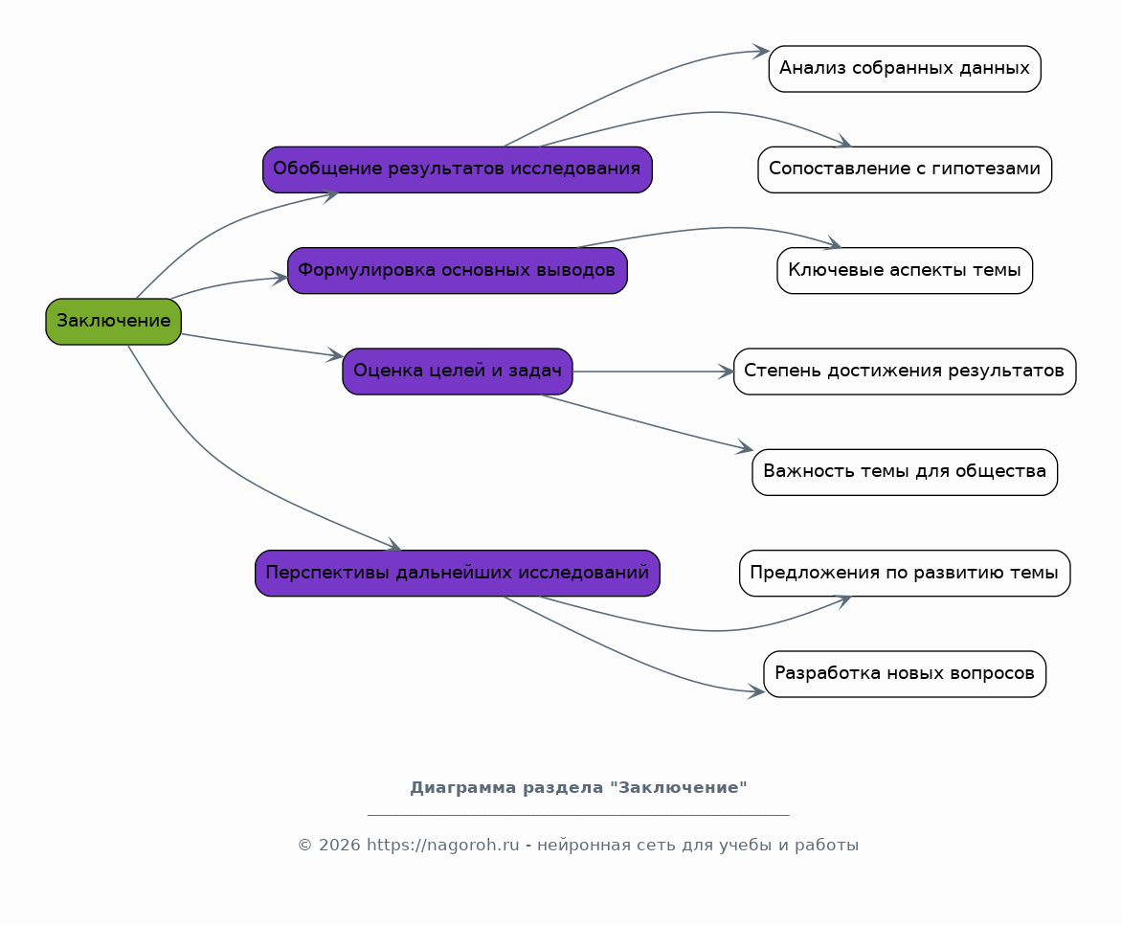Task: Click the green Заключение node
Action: tap(113, 322)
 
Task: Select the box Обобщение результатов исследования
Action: tap(458, 169)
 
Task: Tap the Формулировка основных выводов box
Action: tap(458, 270)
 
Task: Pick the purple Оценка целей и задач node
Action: tap(458, 372)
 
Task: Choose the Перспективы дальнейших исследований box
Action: tap(458, 574)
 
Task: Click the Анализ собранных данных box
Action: tap(905, 69)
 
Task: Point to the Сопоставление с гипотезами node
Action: tap(905, 169)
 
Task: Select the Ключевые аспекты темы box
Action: tap(905, 270)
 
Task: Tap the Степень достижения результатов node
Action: tap(905, 372)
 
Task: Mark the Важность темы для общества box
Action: tap(905, 472)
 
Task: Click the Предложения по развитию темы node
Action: tap(905, 574)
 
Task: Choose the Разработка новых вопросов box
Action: tap(905, 674)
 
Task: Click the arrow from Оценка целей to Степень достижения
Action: tap(653, 372)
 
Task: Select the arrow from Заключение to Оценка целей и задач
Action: tap(262, 345)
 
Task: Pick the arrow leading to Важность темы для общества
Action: tap(647, 423)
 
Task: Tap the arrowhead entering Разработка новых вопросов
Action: tap(755, 691)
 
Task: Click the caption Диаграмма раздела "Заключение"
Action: tap(578, 788)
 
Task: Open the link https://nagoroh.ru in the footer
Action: tap(443, 846)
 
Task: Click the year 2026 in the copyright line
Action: tap(339, 846)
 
